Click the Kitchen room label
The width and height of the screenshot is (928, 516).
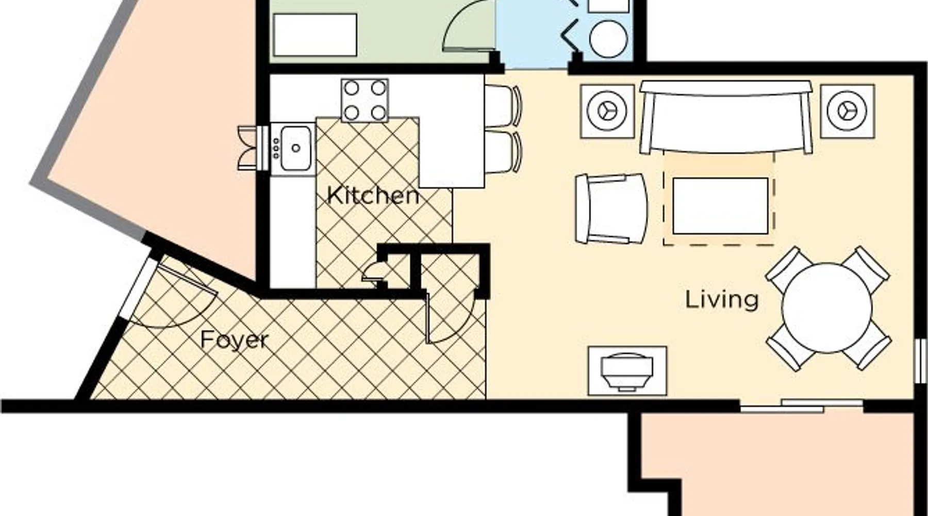pos(373,196)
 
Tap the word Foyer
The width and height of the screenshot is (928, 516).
pos(235,340)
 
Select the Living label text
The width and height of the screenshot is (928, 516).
pos(722,300)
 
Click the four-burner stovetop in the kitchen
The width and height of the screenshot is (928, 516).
pos(364,100)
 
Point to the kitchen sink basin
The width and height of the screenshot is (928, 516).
pos(295,148)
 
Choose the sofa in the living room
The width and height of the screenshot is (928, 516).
pos(726,117)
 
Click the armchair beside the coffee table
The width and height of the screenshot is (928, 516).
pos(611,208)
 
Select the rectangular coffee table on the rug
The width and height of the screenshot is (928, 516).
pos(720,206)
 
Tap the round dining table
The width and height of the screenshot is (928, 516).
pos(827,308)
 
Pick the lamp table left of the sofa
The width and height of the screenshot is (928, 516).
pos(607,111)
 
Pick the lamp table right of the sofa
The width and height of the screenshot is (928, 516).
pos(848,111)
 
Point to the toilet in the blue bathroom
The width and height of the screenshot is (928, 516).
pos(608,31)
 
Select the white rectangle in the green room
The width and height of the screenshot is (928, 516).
pos(315,35)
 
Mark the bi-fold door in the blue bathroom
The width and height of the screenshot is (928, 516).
pos(574,26)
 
